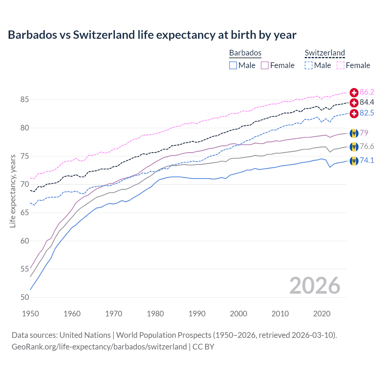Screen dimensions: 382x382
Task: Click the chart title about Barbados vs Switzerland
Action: click(152, 35)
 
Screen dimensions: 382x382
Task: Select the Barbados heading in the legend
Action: click(245, 53)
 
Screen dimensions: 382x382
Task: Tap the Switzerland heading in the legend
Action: click(325, 53)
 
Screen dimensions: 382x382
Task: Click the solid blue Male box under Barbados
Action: click(233, 65)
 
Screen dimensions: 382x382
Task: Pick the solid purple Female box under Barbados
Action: click(265, 65)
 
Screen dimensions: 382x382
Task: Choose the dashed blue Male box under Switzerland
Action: click(309, 65)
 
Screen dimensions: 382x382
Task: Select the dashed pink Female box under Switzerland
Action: click(341, 65)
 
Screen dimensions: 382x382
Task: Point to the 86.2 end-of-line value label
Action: click(367, 92)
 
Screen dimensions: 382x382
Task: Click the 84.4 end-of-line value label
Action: click(367, 102)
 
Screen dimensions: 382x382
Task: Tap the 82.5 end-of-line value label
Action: click(367, 113)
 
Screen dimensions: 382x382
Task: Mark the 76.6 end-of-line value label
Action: click(367, 146)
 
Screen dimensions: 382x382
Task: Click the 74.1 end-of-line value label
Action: click(367, 160)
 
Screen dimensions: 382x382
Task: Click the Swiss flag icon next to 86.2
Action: click(354, 92)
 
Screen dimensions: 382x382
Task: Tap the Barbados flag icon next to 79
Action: click(354, 133)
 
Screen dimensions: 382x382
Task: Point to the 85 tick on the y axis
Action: click(24, 99)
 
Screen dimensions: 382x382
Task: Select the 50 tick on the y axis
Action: click(24, 297)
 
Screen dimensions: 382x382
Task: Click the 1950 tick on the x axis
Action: click(30, 314)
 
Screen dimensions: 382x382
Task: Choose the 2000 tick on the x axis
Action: click(238, 314)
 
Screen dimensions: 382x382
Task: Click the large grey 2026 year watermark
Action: click(315, 286)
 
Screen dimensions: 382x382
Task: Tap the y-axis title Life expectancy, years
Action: click(13, 191)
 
